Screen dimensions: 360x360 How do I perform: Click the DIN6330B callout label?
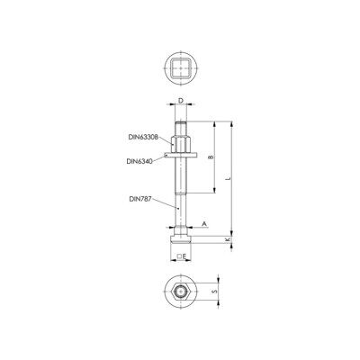tap(143, 137)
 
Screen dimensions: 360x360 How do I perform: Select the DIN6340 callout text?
tap(139, 161)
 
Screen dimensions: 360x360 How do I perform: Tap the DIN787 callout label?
tap(140, 199)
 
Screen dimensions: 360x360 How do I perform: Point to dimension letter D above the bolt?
tap(181, 101)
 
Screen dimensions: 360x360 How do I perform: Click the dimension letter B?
tap(211, 157)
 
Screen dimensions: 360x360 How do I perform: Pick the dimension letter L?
tap(229, 178)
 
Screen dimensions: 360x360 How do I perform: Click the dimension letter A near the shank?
tap(204, 224)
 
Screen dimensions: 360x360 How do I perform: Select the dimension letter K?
tap(228, 239)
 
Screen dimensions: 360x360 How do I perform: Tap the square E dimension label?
tap(182, 256)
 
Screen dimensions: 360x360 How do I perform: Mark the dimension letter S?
tap(214, 292)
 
